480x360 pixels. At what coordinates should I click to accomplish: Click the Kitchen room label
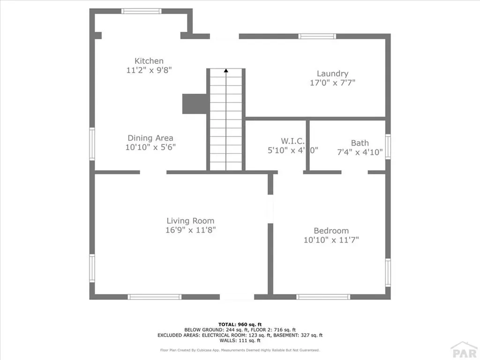[149, 61]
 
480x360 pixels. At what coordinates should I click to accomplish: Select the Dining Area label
[150, 138]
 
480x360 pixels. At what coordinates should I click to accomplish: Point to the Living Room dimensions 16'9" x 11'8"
[190, 230]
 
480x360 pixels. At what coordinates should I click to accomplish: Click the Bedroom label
[331, 231]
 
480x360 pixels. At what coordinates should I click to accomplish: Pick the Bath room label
[360, 143]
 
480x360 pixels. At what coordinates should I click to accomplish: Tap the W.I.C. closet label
[293, 141]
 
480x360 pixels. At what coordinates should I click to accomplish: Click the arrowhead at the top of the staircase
[226, 71]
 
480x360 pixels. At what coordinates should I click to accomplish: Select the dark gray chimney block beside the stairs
[195, 104]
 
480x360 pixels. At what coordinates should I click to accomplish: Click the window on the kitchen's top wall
[141, 11]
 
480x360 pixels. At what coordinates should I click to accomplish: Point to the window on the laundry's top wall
[317, 36]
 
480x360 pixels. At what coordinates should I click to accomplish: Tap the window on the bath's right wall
[388, 146]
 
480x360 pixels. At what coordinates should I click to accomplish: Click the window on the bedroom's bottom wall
[323, 297]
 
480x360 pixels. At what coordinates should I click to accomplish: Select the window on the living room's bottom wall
[155, 297]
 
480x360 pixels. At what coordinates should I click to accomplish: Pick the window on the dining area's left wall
[92, 144]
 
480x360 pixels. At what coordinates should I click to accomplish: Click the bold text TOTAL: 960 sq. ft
[240, 324]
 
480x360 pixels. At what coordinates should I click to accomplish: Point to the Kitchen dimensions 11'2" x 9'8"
[149, 70]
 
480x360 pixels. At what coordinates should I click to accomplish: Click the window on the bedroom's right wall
[388, 272]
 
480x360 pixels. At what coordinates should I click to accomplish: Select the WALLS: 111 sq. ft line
[240, 340]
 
